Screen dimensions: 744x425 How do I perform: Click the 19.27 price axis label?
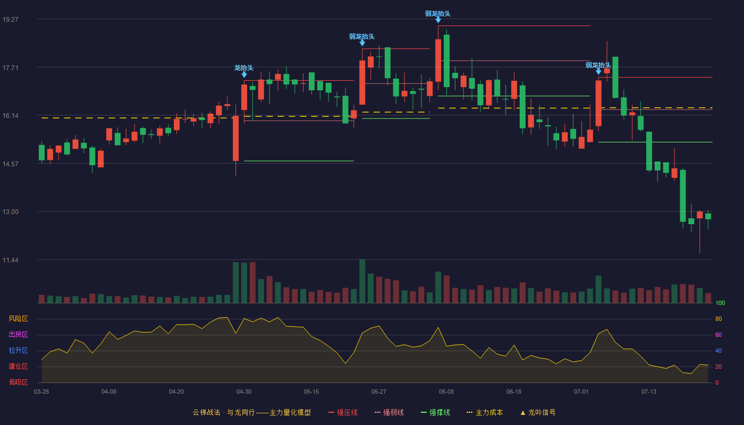click(x=10, y=20)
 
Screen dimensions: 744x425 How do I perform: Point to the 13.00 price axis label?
click(x=10, y=212)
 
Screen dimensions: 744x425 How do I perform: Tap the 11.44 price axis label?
click(x=10, y=260)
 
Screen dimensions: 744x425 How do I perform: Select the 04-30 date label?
click(x=244, y=392)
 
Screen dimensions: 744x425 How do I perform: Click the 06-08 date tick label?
click(x=446, y=392)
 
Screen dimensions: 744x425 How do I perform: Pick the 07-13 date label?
click(x=649, y=392)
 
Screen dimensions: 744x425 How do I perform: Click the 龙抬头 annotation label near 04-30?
click(x=244, y=68)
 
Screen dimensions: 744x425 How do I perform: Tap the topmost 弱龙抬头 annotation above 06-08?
click(x=438, y=14)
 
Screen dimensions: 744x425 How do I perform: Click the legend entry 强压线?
click(x=343, y=412)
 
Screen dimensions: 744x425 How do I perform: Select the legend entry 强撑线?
click(x=435, y=412)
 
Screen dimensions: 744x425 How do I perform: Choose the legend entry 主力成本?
click(x=485, y=412)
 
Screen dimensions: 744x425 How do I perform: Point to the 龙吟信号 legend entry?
click(x=538, y=412)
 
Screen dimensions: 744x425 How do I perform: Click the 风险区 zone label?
click(x=18, y=319)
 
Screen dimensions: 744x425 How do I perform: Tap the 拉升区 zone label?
click(x=18, y=350)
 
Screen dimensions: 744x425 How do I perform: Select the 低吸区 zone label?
click(x=18, y=382)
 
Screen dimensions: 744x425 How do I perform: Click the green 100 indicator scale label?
click(x=720, y=303)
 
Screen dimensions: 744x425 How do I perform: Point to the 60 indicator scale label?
click(x=718, y=335)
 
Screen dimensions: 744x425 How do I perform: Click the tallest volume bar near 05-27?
click(x=362, y=281)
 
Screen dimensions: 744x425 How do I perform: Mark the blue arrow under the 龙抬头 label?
click(x=244, y=75)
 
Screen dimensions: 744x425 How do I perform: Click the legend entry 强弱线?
click(x=389, y=412)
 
